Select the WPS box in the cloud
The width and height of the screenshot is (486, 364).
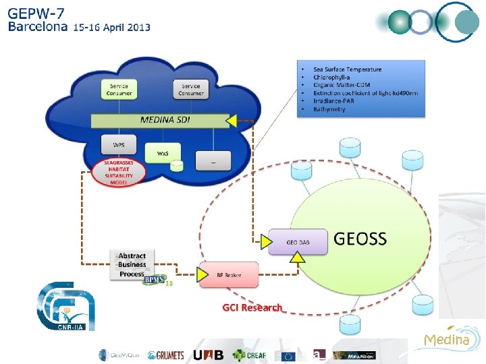click(x=118, y=145)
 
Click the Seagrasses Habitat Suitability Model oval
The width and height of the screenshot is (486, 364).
click(x=119, y=173)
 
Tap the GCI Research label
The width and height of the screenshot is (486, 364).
click(x=252, y=307)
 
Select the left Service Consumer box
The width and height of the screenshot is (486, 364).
click(x=119, y=89)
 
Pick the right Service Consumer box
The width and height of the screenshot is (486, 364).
click(x=191, y=89)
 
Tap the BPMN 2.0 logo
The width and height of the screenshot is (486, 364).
click(x=156, y=278)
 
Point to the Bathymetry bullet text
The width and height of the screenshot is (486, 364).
click(x=329, y=109)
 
